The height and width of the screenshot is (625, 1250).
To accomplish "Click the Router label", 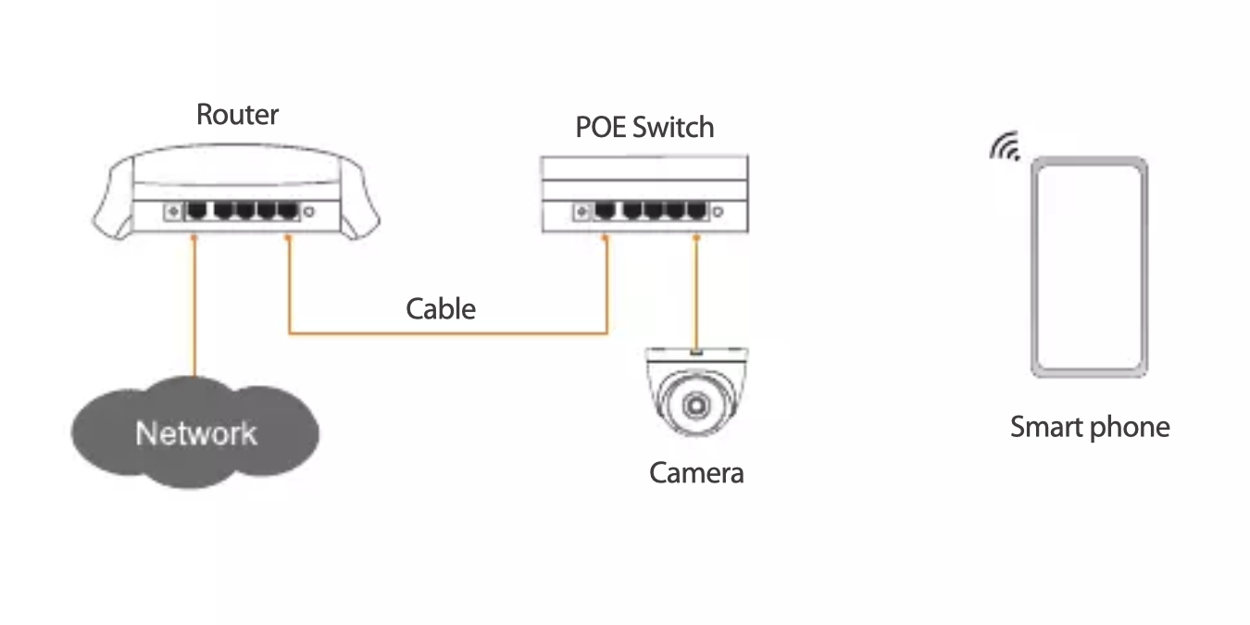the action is [x=237, y=115].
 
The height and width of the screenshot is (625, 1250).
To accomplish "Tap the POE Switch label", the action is [x=644, y=127].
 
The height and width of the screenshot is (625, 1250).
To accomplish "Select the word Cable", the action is [x=441, y=308].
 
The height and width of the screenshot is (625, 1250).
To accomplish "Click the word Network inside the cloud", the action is [x=196, y=433].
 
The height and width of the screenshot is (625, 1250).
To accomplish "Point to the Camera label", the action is [x=696, y=473].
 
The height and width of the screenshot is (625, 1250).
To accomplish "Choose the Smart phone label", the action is [x=1090, y=428].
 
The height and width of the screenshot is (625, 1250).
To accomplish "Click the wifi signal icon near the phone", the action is [x=1005, y=146].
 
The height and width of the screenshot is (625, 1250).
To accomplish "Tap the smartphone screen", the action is [x=1089, y=267].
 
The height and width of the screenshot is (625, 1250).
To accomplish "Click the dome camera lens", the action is [x=696, y=405].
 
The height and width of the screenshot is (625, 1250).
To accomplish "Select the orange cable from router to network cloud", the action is [x=194, y=306].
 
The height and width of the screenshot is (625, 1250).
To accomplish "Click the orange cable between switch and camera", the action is [x=696, y=294].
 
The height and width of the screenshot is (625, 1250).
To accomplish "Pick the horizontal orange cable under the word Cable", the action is [x=448, y=333].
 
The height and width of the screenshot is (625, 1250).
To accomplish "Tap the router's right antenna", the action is [x=360, y=200].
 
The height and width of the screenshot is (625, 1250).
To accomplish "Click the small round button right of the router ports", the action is [x=308, y=211].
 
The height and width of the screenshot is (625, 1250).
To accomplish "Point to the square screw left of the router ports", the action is [x=173, y=211].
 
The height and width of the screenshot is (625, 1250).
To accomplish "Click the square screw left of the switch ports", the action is [x=581, y=211].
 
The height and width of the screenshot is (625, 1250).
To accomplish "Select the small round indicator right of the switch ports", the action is [x=719, y=211].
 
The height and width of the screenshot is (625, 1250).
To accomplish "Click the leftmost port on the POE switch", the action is [x=605, y=210].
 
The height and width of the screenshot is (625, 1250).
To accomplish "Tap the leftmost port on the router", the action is [x=196, y=210].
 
